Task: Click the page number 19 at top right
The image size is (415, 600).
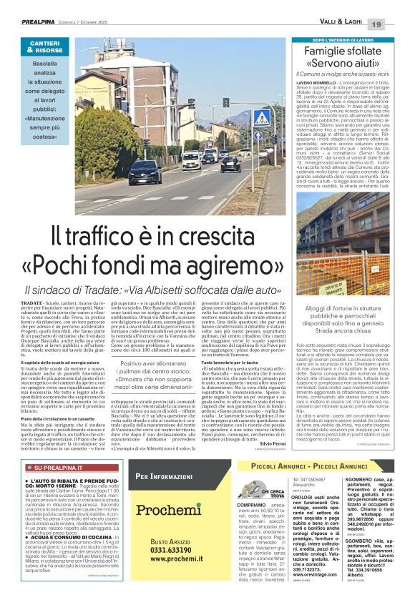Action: [x=396, y=24]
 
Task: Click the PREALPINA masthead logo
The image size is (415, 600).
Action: [x=39, y=23]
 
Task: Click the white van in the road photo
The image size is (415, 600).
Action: [x=190, y=161]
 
